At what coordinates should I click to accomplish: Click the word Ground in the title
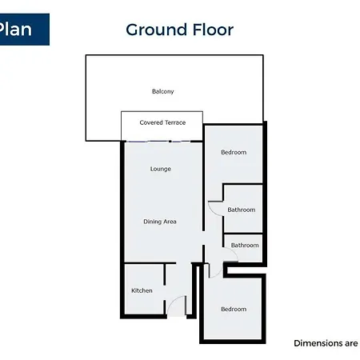pyautogui.click(x=157, y=30)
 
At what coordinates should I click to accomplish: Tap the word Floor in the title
pyautogui.click(x=213, y=30)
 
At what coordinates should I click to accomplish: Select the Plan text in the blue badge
pyautogui.click(x=15, y=29)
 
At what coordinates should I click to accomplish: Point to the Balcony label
pyautogui.click(x=163, y=91)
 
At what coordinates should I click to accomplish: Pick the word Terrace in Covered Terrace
pyautogui.click(x=175, y=122)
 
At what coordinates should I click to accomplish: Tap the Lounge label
pyautogui.click(x=161, y=169)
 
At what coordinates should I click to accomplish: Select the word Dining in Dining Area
pyautogui.click(x=152, y=222)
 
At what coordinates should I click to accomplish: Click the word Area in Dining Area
pyautogui.click(x=170, y=222)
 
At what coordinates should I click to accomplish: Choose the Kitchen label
pyautogui.click(x=142, y=290)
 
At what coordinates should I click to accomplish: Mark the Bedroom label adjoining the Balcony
pyautogui.click(x=234, y=152)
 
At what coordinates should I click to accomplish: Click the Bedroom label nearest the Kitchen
pyautogui.click(x=234, y=309)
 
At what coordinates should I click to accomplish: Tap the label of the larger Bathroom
pyautogui.click(x=242, y=210)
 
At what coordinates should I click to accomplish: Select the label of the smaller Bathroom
pyautogui.click(x=245, y=245)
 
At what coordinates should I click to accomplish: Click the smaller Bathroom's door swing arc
pyautogui.click(x=234, y=252)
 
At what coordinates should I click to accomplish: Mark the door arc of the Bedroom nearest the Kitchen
pyautogui.click(x=218, y=274)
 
